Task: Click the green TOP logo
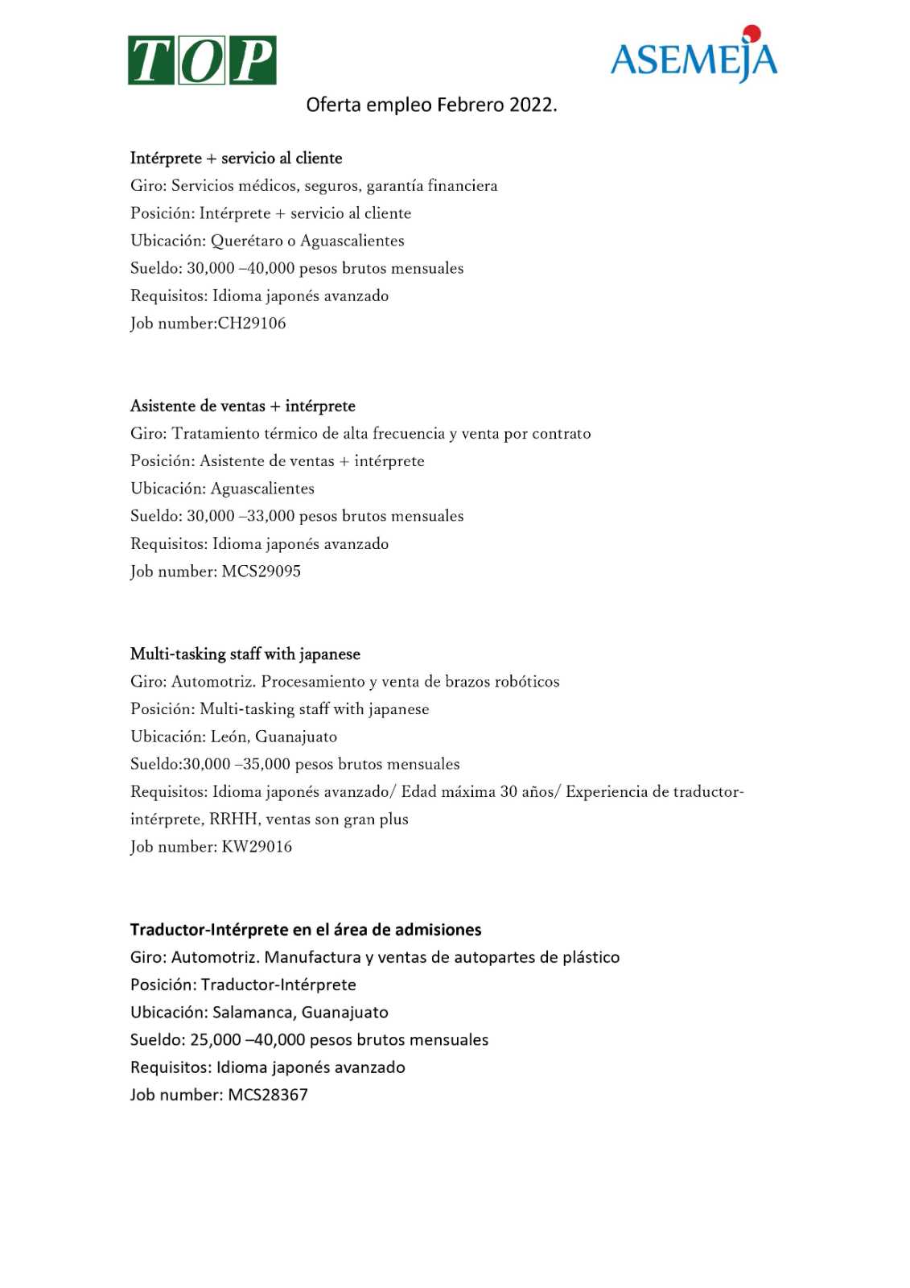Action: [x=202, y=60]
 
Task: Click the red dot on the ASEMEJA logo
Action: [x=751, y=34]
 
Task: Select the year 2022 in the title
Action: [x=532, y=105]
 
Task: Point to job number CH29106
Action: [x=252, y=324]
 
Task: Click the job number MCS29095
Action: [x=261, y=572]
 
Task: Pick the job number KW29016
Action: [x=257, y=847]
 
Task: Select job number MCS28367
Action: [x=268, y=1095]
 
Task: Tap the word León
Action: [x=229, y=737]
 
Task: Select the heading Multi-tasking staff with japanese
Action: [x=245, y=654]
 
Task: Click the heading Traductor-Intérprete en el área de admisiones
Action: [x=306, y=930]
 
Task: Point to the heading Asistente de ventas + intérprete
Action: [x=243, y=407]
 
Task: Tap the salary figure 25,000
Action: [x=216, y=1040]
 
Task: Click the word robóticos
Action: [x=527, y=682]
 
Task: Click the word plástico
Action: [x=591, y=957]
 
